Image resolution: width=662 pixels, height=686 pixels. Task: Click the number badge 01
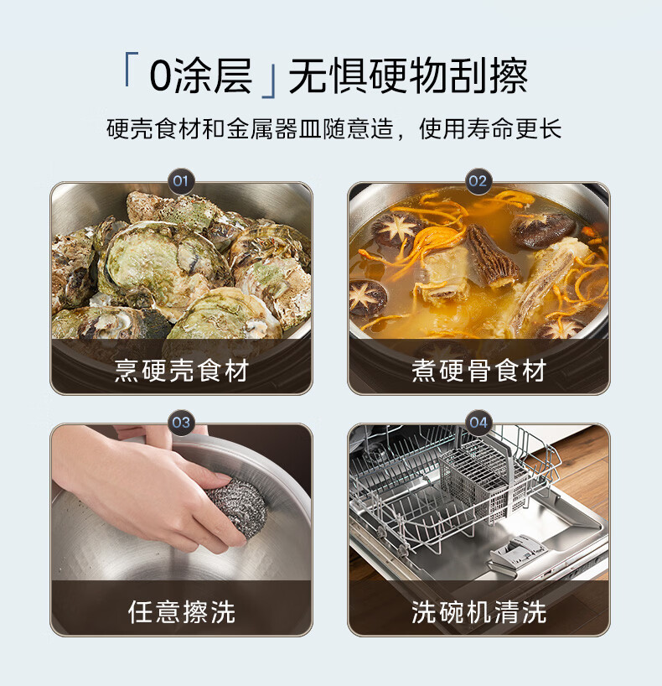click(x=181, y=181)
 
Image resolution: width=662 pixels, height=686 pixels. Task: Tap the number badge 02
click(x=478, y=181)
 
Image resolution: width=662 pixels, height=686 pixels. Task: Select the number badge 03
click(x=181, y=423)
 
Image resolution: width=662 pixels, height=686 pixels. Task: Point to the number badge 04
click(x=478, y=423)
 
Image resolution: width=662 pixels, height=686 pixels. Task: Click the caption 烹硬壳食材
click(x=182, y=371)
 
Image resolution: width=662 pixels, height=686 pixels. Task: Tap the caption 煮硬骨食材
click(x=478, y=371)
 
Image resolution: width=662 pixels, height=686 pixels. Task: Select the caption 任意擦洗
click(x=182, y=611)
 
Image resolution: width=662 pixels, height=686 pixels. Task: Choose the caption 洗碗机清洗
click(x=478, y=611)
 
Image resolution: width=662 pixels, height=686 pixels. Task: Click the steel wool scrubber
click(x=236, y=507)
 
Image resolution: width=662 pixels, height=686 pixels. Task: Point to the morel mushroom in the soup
click(x=492, y=255)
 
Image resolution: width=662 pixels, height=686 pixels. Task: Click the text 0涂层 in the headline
click(x=201, y=75)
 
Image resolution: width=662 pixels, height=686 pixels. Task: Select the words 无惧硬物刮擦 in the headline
click(x=408, y=75)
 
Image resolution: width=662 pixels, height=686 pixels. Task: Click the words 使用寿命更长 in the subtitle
click(x=490, y=128)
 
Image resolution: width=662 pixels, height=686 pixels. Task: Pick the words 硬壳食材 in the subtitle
click(x=154, y=128)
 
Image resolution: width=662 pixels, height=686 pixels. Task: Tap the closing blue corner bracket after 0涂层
click(x=270, y=82)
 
